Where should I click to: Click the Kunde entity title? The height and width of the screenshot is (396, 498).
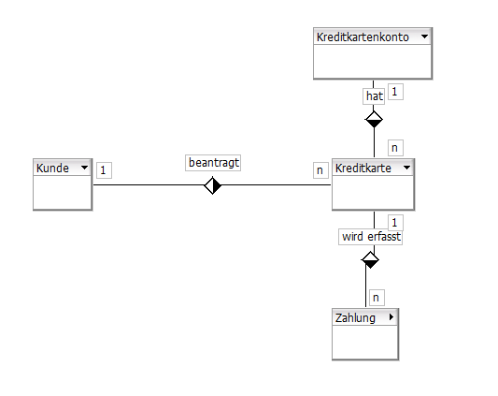tap(52, 169)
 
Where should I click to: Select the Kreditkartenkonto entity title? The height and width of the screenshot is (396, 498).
tap(363, 37)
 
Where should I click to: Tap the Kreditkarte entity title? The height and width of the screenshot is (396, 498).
tap(363, 169)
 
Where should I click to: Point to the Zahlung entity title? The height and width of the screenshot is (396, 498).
tap(355, 318)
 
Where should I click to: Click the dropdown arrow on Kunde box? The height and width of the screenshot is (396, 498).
tap(84, 168)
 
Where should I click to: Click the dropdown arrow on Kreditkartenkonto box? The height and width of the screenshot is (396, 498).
tap(424, 37)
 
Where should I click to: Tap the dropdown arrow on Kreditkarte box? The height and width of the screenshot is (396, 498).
tap(406, 168)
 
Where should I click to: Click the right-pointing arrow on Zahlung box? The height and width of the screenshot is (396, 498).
tap(391, 317)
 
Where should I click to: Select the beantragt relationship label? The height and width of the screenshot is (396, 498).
tap(213, 163)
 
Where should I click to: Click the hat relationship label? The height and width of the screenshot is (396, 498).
tap(374, 96)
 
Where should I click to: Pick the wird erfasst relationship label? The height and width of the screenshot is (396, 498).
tap(371, 237)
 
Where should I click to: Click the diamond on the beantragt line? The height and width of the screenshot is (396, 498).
tap(212, 185)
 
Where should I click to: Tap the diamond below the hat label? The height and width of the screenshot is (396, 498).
tap(374, 120)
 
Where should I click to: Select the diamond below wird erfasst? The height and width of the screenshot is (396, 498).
tap(370, 259)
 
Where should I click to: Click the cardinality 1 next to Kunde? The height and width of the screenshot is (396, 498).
tap(104, 170)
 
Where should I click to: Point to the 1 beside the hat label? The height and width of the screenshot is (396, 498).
tap(395, 92)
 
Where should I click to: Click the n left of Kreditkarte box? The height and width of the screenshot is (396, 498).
tap(320, 170)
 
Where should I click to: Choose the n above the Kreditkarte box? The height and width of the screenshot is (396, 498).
tap(395, 148)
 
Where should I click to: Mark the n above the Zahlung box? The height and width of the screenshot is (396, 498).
tap(377, 298)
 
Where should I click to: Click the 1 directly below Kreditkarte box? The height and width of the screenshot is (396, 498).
tap(395, 223)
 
